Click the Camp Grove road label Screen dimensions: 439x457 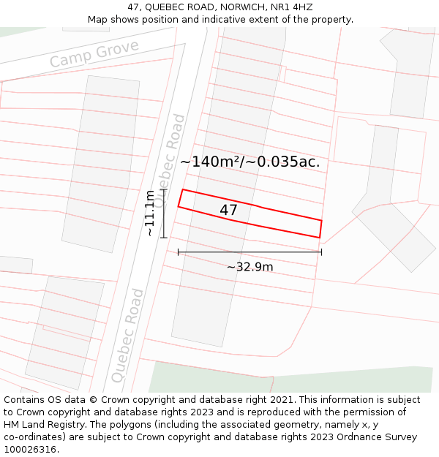click(94, 54)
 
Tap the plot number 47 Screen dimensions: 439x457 click(229, 211)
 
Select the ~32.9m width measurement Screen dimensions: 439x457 click(249, 267)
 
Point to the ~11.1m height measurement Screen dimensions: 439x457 click(149, 213)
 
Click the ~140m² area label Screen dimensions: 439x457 click(249, 162)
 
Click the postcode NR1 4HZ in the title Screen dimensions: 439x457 click(294, 7)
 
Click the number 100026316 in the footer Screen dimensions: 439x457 click(31, 450)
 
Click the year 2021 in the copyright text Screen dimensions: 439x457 click(282, 400)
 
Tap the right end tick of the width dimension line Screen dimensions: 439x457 click(321, 252)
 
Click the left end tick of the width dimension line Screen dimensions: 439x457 click(178, 252)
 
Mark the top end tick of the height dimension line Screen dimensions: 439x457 click(164, 190)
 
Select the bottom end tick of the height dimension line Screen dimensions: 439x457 click(164, 237)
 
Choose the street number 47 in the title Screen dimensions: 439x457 click(134, 7)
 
